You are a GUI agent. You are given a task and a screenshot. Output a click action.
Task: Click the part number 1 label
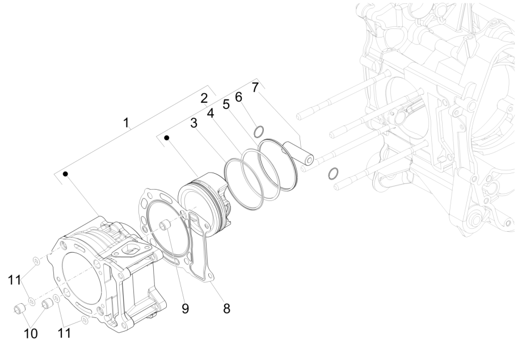(x=127, y=122)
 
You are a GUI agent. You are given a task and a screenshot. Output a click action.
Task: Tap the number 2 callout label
(x=204, y=98)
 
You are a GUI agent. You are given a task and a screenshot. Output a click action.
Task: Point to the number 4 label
(x=210, y=113)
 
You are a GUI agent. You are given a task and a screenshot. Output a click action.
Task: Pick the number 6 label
(x=239, y=97)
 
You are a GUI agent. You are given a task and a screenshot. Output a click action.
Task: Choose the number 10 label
(x=31, y=333)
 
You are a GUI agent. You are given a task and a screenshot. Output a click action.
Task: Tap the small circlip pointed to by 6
(x=259, y=132)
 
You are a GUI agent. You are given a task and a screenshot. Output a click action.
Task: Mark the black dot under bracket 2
(x=167, y=137)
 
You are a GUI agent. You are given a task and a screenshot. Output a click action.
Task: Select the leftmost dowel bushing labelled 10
(x=20, y=309)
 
